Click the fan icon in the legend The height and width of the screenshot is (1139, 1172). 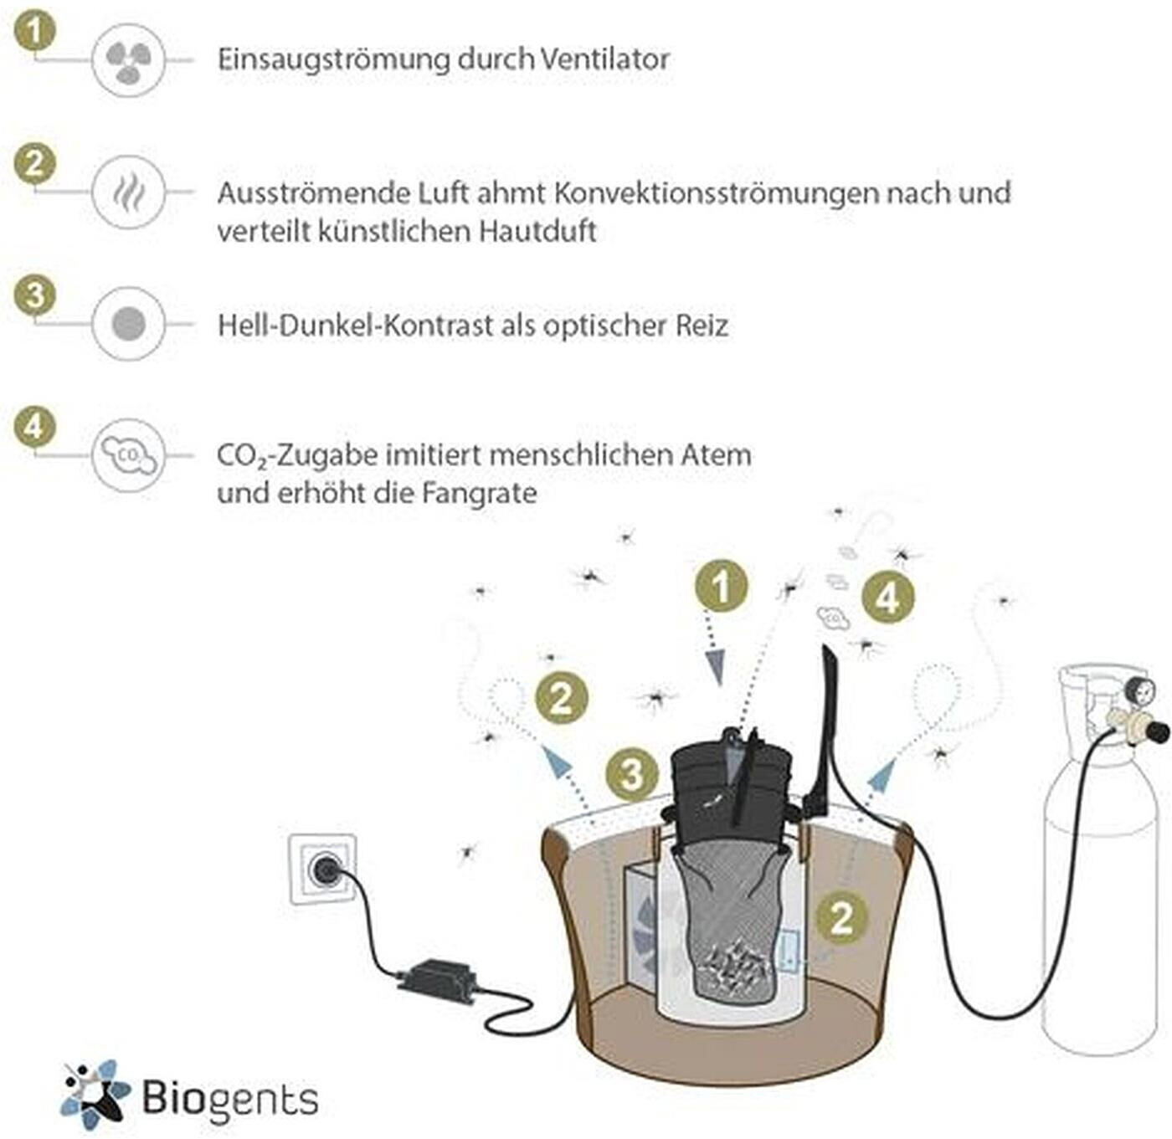click(128, 60)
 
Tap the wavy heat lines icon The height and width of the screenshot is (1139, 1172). click(128, 192)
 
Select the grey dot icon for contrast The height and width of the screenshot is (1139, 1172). click(128, 324)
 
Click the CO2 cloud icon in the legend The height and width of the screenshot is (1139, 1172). click(128, 455)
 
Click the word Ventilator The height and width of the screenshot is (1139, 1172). click(604, 59)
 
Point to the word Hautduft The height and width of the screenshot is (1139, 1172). click(537, 231)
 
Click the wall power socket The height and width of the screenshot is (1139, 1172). click(323, 870)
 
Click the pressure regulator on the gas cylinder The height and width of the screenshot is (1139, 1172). click(1133, 716)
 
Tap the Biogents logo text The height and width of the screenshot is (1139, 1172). click(229, 1098)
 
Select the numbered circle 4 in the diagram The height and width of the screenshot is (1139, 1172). click(887, 598)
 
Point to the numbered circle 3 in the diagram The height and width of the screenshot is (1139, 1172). click(632, 774)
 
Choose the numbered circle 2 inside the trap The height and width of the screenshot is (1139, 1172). click(841, 917)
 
